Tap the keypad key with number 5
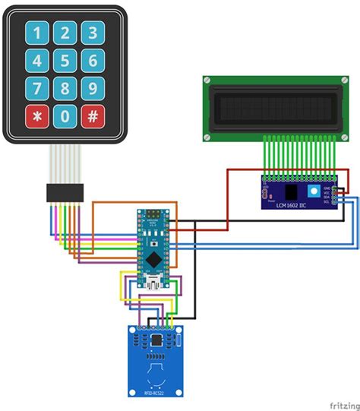click(x=65, y=60)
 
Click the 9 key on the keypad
click(x=93, y=87)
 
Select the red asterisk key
click(x=38, y=116)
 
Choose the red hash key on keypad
click(x=93, y=116)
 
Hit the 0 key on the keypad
click(x=65, y=116)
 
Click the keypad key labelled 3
click(x=93, y=33)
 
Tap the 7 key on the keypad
click(x=38, y=87)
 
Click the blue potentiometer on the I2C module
click(x=313, y=189)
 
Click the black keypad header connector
click(x=66, y=192)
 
